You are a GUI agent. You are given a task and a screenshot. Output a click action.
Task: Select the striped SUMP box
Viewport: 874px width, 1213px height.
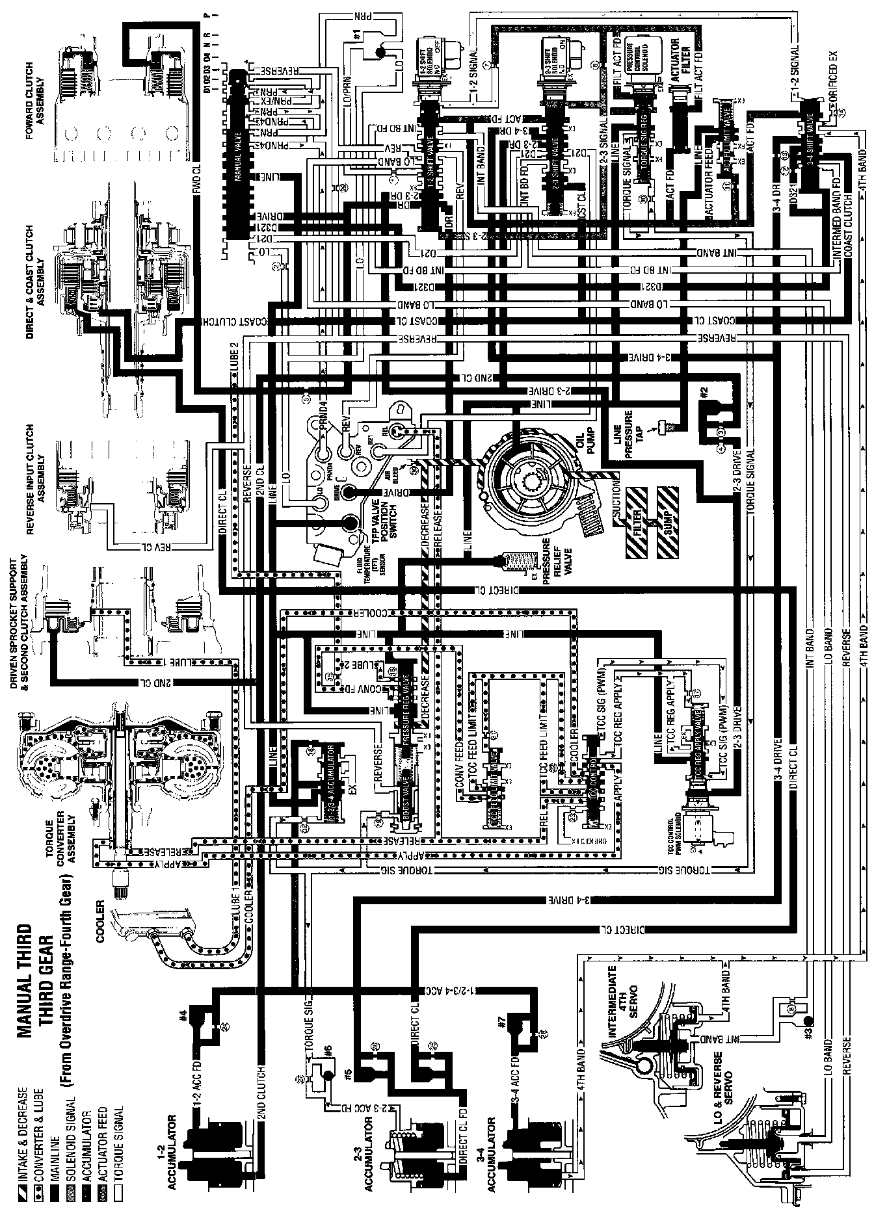(670, 520)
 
